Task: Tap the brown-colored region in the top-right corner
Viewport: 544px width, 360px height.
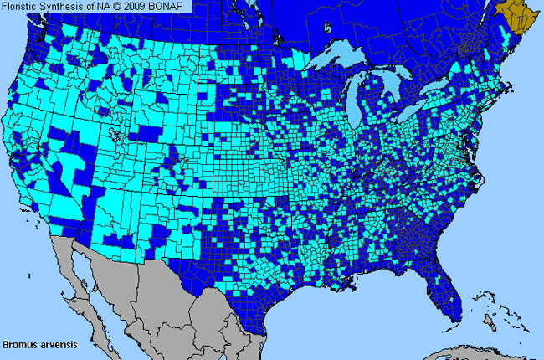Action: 518,14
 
